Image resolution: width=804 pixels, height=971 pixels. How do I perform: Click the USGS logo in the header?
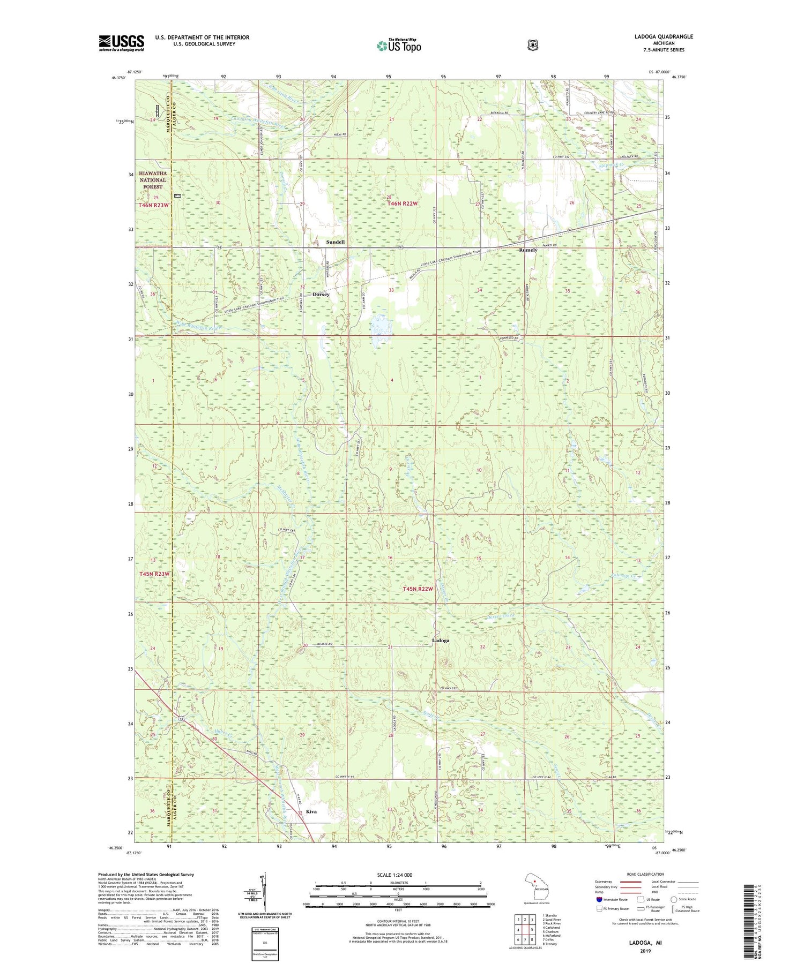tap(121, 43)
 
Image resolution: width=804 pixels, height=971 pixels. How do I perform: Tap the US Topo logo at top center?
tap(399, 46)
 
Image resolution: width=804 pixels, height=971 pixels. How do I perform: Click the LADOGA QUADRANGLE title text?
tap(663, 37)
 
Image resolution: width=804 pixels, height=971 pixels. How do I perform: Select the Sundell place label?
tap(336, 242)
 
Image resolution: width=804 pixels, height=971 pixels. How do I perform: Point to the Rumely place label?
tap(528, 250)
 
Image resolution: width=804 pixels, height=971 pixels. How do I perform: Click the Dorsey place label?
tap(321, 295)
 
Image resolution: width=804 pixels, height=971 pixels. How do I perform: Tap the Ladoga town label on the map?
tap(441, 641)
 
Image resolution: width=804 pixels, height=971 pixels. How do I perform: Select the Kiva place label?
tap(311, 811)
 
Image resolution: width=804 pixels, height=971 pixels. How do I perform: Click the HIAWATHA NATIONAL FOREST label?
tap(153, 180)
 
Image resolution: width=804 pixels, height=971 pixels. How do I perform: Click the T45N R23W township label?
tap(154, 574)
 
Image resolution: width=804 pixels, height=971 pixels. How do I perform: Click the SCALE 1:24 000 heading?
tap(394, 875)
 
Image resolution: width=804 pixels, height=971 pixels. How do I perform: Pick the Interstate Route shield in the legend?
tap(599, 899)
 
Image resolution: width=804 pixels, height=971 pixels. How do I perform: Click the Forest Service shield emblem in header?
tap(532, 46)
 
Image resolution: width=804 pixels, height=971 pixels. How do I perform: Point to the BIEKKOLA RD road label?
tap(499, 113)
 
